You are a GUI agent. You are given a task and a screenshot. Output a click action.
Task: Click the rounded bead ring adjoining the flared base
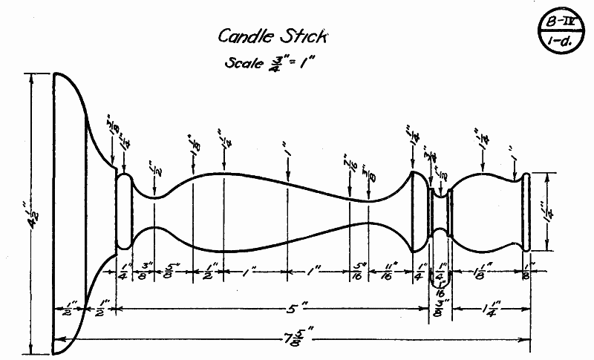coord(124,212)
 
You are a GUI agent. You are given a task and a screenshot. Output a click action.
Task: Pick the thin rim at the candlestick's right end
coord(526,212)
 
